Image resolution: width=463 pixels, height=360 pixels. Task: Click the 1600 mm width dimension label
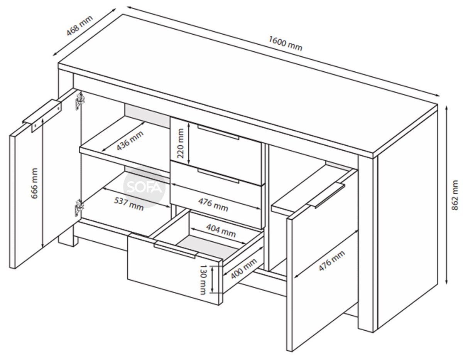pos(285,44)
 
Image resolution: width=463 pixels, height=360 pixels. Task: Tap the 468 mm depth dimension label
pos(80,25)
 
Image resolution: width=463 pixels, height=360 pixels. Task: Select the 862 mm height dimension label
pos(455,195)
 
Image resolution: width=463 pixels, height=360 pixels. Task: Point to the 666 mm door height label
pos(34,183)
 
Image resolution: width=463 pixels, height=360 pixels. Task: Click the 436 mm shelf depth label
pos(130,141)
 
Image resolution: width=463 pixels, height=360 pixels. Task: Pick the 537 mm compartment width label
pos(129,204)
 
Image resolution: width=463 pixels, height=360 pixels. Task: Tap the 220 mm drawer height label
pos(180,143)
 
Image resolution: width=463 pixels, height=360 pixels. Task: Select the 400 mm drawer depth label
pos(244,269)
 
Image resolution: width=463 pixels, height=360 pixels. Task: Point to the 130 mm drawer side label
pos(203,279)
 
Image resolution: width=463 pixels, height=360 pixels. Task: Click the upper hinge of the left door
pos(79,101)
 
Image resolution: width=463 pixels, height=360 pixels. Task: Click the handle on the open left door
pos(42,115)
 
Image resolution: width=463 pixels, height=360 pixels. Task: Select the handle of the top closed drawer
pos(218,132)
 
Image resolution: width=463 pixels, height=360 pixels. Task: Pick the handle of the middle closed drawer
pos(218,175)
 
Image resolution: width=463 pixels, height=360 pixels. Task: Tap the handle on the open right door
pos(326,195)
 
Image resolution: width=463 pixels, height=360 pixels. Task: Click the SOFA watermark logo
pos(144,187)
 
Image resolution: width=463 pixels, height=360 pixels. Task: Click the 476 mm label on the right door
pos(331,261)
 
